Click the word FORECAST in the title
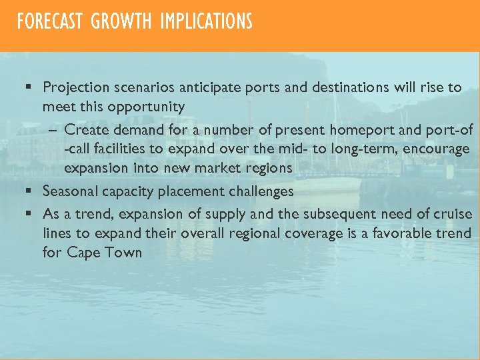point(49,22)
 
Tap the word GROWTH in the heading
point(121,22)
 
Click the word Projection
point(74,87)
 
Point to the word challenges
point(259,191)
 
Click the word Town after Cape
point(123,253)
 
